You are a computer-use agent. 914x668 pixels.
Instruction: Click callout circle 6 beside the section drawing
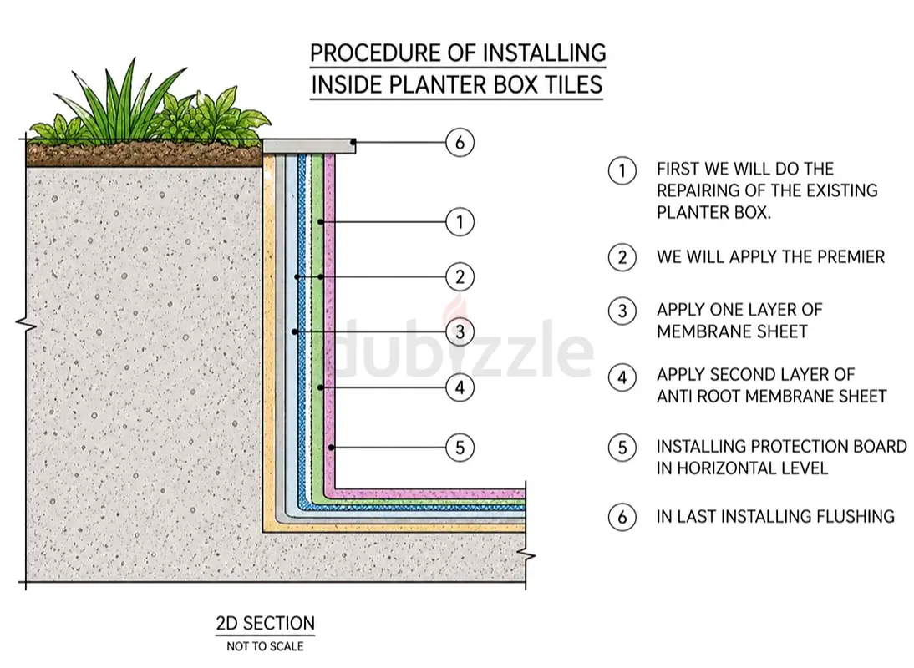pyautogui.click(x=460, y=143)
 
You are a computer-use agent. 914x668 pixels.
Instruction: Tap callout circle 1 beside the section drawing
pyautogui.click(x=460, y=222)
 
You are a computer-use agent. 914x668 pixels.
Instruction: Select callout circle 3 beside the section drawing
pyautogui.click(x=460, y=332)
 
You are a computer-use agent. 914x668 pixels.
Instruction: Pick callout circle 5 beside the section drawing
pyautogui.click(x=460, y=448)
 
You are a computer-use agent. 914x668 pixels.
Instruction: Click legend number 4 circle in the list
pyautogui.click(x=622, y=377)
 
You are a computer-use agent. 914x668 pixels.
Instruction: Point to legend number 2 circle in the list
pyautogui.click(x=622, y=257)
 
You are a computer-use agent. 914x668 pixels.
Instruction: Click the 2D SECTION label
pyautogui.click(x=265, y=624)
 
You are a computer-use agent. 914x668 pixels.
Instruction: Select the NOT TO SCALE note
pyautogui.click(x=265, y=646)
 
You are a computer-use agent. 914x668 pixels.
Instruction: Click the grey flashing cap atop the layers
pyautogui.click(x=309, y=145)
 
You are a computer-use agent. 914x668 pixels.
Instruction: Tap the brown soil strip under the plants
pyautogui.click(x=144, y=154)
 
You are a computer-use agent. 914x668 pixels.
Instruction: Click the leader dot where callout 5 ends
pyautogui.click(x=331, y=448)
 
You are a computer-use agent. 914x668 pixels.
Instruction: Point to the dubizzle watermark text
pyautogui.click(x=464, y=349)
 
